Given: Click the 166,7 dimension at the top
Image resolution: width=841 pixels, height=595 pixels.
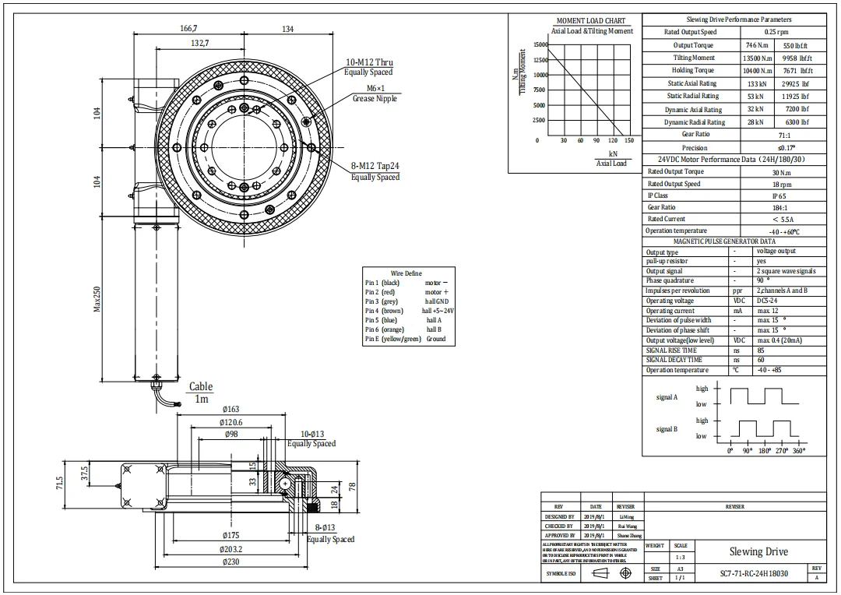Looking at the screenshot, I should pyautogui.click(x=188, y=29).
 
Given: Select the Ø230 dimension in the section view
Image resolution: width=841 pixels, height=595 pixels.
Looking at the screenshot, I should pyautogui.click(x=230, y=561).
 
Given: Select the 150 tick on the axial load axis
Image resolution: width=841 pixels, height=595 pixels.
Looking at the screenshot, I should pyautogui.click(x=629, y=141).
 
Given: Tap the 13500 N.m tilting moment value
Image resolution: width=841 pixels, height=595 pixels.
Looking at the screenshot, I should pyautogui.click(x=758, y=58).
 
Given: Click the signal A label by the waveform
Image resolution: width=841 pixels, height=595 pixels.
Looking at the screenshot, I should pyautogui.click(x=667, y=397).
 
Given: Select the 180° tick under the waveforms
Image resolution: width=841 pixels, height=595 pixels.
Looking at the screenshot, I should pyautogui.click(x=765, y=451).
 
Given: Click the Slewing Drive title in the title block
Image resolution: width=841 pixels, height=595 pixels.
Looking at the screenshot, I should pyautogui.click(x=758, y=551).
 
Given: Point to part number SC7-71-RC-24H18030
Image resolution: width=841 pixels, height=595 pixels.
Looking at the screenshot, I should pyautogui.click(x=753, y=574).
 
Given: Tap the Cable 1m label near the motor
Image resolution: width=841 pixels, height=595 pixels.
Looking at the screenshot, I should pyautogui.click(x=201, y=393).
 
